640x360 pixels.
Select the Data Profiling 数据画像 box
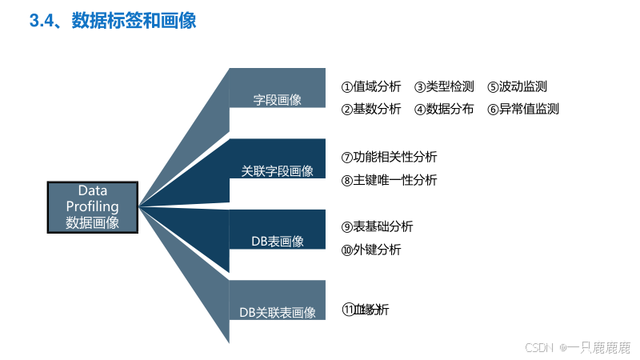(x=93, y=207)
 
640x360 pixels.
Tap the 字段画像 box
(x=277, y=100)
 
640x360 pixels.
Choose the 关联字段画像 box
(x=277, y=170)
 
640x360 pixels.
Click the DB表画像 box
(x=277, y=241)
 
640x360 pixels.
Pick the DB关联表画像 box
(x=277, y=311)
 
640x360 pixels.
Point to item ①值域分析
(x=371, y=86)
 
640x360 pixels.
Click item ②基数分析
(x=371, y=109)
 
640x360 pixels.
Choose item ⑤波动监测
(x=517, y=86)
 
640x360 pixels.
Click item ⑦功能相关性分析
(x=390, y=157)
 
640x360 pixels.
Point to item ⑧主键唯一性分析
(x=390, y=180)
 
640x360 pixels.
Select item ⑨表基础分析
(x=378, y=226)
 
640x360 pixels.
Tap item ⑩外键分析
(x=371, y=250)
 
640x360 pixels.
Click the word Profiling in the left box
(x=93, y=206)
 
